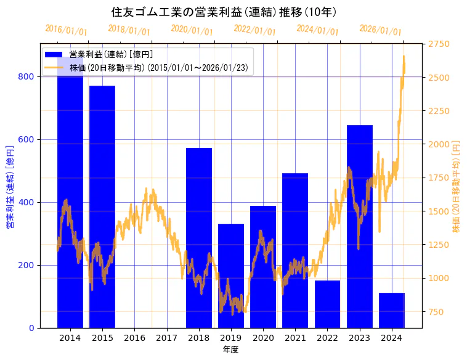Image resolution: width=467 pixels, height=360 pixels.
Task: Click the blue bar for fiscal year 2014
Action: (70, 197)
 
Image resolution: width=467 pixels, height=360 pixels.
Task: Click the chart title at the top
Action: (224, 12)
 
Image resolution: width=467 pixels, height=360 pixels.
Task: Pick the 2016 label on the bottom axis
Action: (134, 338)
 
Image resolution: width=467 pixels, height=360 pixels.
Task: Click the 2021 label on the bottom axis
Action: (295, 338)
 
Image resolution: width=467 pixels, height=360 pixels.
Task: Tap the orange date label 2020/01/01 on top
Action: (192, 30)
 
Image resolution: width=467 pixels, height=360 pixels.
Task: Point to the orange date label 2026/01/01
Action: (380, 30)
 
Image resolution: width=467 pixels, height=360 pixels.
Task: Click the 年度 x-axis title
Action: (230, 350)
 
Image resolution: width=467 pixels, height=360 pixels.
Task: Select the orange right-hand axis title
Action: (457, 186)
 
